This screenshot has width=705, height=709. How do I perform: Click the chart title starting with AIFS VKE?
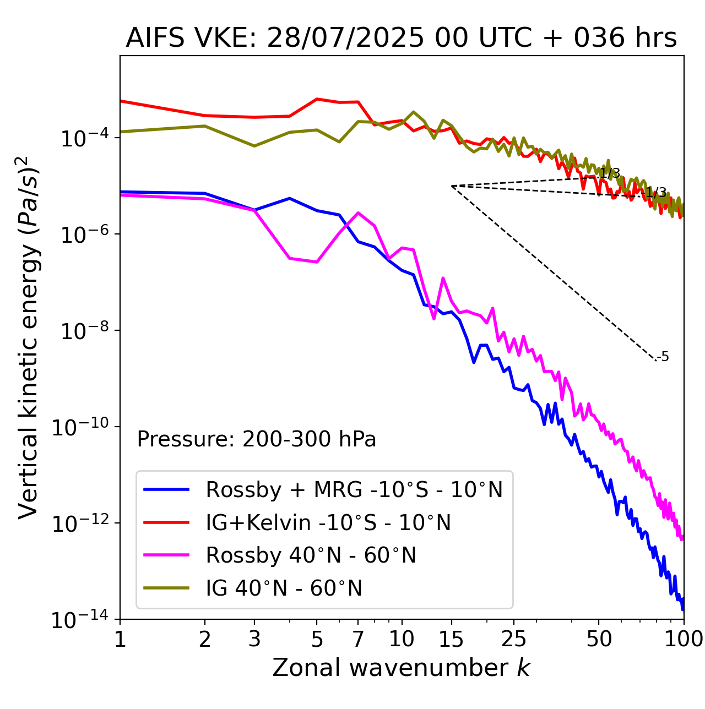[x=401, y=39]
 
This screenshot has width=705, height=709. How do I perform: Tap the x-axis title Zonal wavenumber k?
[x=401, y=668]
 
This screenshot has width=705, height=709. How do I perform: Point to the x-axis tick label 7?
[x=359, y=639]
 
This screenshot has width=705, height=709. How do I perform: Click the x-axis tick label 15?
[x=451, y=639]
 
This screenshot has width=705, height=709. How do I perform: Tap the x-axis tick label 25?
[x=513, y=639]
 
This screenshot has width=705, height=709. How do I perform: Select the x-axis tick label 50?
[x=599, y=639]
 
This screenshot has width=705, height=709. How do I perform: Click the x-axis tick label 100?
[x=683, y=639]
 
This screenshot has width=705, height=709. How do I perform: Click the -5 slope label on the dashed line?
[x=664, y=357]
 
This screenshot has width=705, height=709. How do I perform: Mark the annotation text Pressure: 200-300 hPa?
[x=257, y=439]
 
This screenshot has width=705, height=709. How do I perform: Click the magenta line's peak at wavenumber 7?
[x=359, y=212]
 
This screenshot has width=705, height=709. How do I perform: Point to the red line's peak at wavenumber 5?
[x=317, y=99]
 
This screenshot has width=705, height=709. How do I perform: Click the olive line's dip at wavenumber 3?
[x=254, y=146]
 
